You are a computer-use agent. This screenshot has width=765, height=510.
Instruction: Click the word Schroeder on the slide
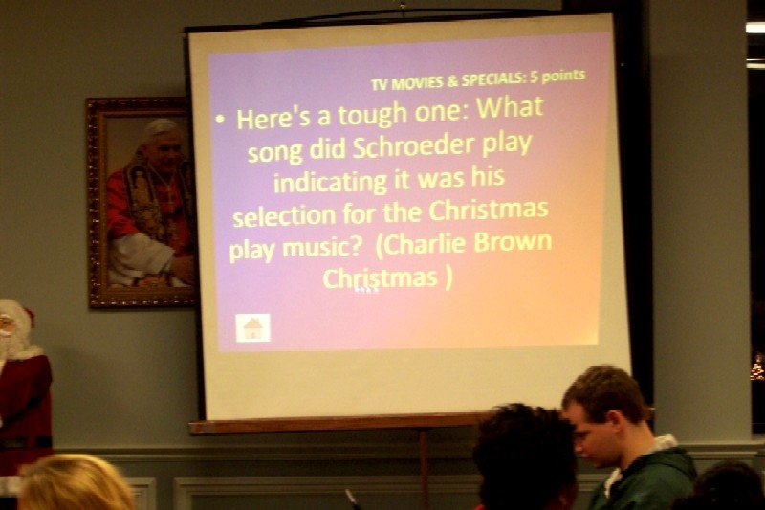coord(413,147)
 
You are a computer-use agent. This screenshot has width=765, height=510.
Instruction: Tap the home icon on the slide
coord(252,328)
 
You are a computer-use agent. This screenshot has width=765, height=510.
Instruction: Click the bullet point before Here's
coord(222,119)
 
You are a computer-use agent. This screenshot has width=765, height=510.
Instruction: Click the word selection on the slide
coord(284,215)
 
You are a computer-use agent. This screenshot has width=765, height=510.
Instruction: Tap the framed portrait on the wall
coord(141,203)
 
